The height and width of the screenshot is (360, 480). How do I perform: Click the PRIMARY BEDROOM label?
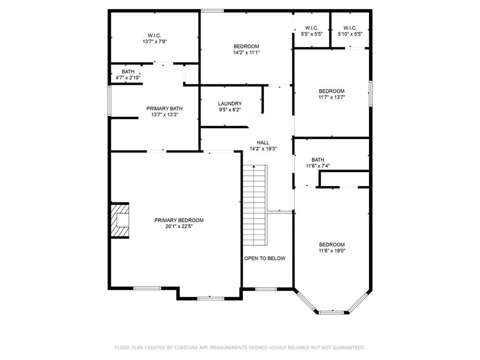[179, 220]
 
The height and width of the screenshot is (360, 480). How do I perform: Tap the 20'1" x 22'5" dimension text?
[179, 226]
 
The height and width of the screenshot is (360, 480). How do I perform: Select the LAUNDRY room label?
[230, 104]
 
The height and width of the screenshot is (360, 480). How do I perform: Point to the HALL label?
[263, 142]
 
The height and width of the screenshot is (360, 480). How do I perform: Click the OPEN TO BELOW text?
[265, 258]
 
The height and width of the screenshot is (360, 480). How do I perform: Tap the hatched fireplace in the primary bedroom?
[120, 220]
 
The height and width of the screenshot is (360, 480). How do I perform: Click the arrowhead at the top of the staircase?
[254, 166]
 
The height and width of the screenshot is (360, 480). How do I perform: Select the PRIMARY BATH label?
[165, 109]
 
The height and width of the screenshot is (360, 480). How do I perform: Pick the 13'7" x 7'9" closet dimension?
[155, 42]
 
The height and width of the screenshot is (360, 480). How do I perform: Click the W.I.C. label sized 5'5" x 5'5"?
[312, 28]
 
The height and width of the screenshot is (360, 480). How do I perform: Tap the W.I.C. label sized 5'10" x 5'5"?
[350, 28]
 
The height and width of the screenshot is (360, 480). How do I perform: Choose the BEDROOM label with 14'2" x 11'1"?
[246, 46]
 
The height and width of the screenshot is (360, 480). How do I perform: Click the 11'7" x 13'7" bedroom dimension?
[331, 97]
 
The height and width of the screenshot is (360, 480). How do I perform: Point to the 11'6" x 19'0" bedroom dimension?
[332, 251]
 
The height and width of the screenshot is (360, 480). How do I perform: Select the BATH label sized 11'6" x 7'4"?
[318, 160]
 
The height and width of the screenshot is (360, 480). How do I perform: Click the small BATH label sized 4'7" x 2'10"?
[128, 72]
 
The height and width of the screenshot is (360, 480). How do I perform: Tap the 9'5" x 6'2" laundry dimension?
[230, 110]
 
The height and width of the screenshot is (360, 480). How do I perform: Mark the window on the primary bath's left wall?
[109, 101]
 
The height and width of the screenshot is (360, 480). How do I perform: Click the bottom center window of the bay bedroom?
[331, 313]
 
